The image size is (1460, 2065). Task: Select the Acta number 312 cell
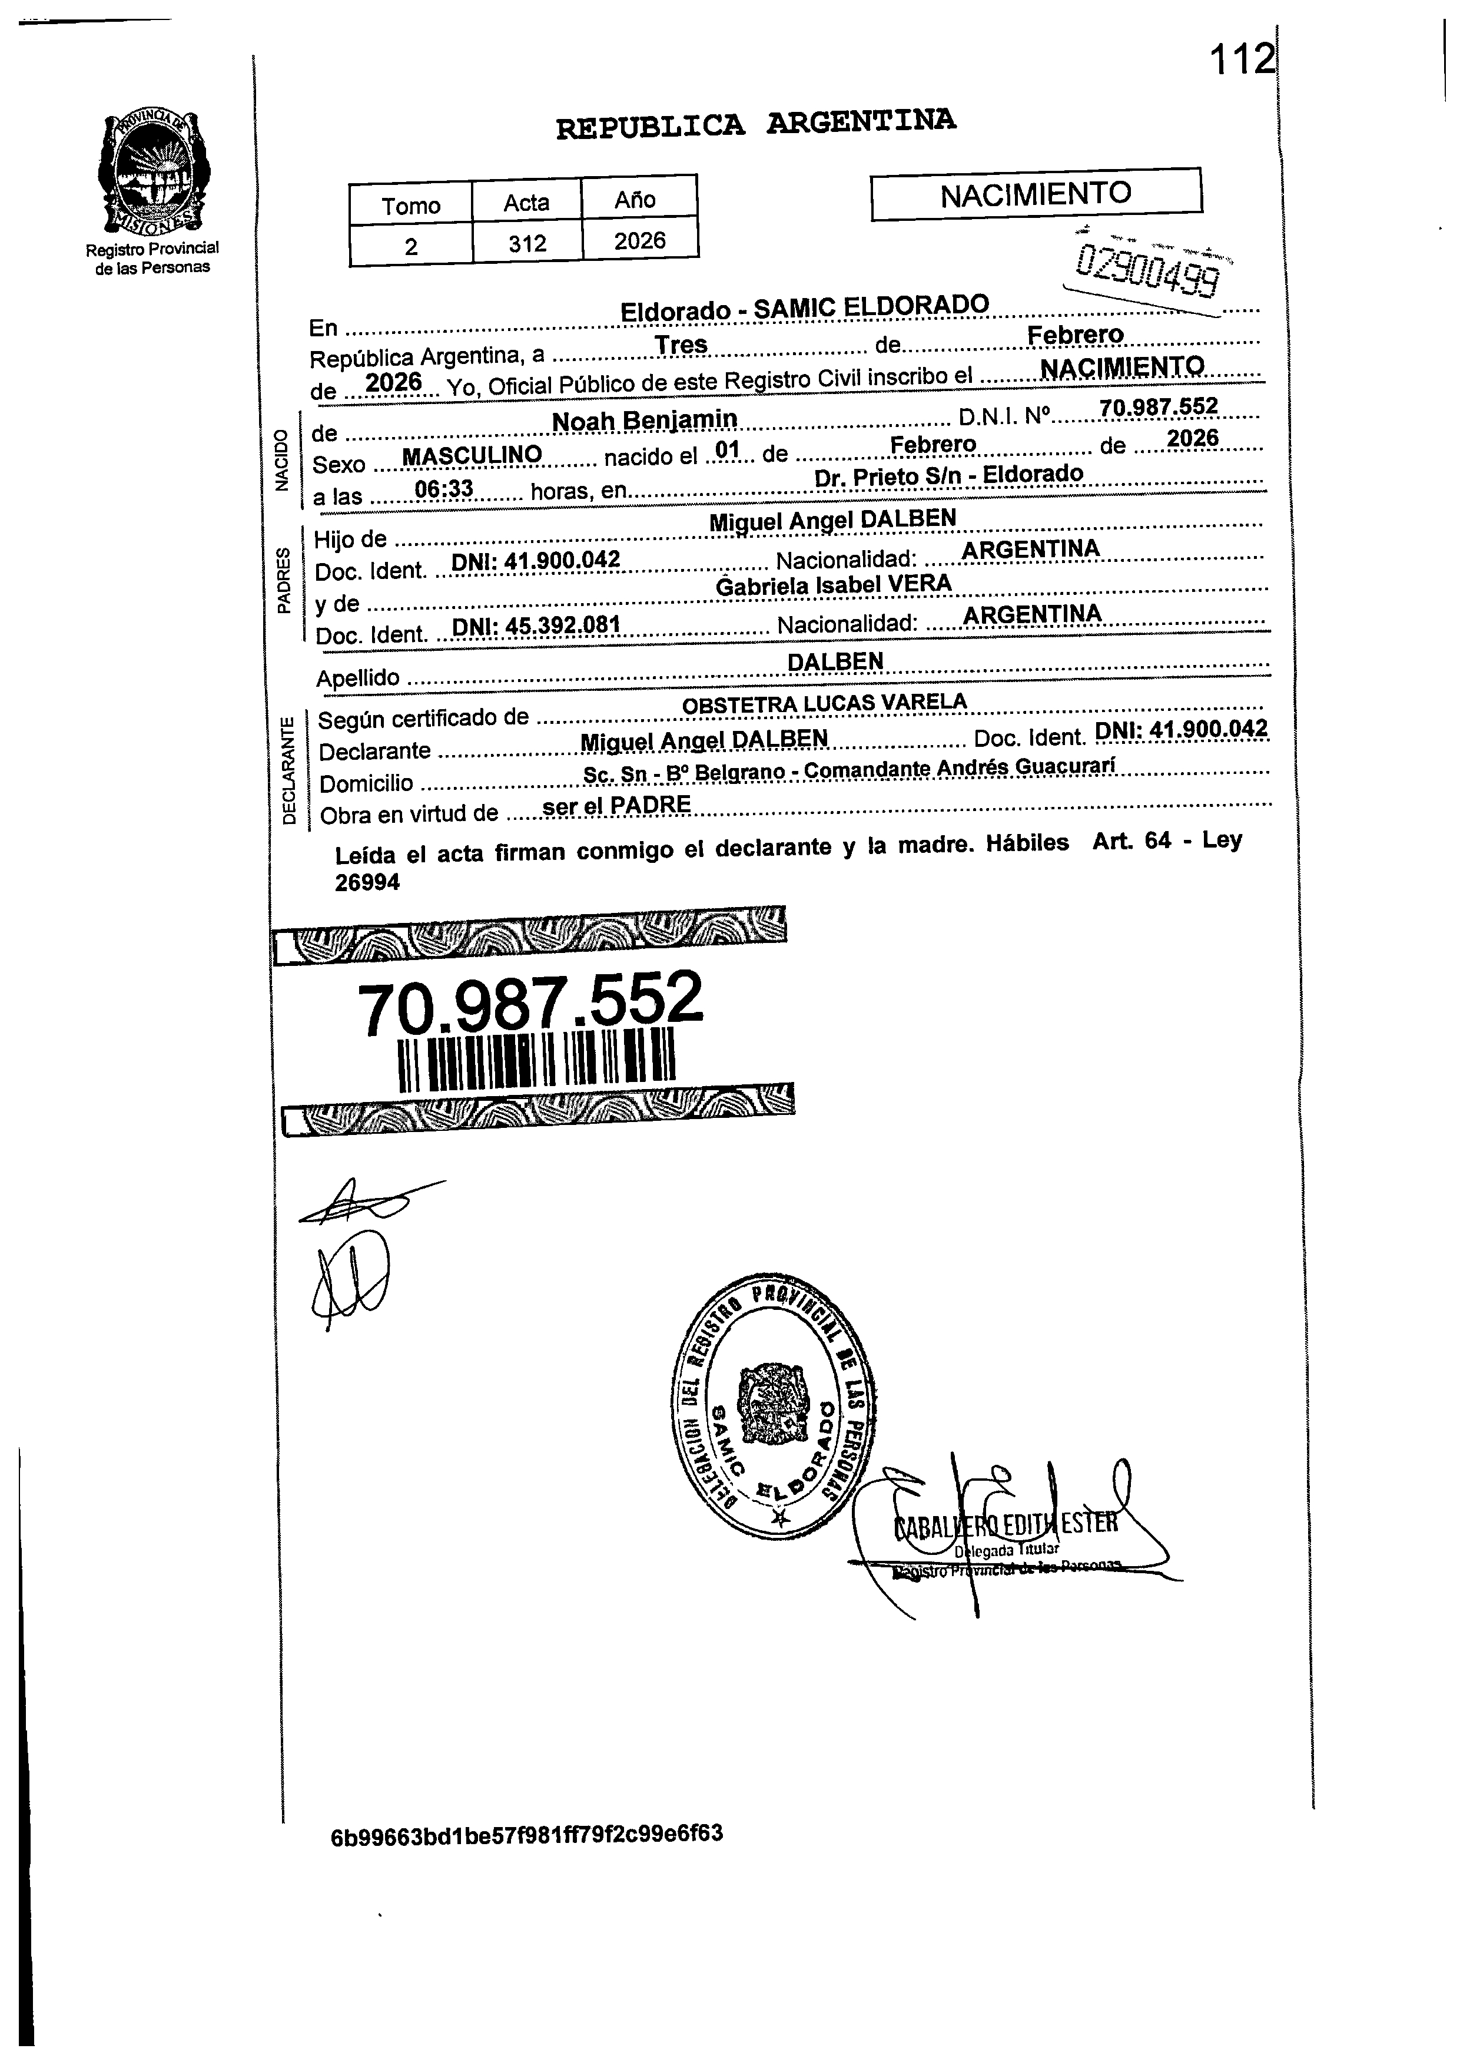527,243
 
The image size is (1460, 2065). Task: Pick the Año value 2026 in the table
639,240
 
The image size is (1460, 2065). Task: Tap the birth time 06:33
443,489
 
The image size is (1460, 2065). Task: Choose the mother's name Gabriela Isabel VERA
834,585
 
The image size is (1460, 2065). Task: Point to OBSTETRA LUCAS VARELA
824,703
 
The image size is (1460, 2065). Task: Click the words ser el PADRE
617,805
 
